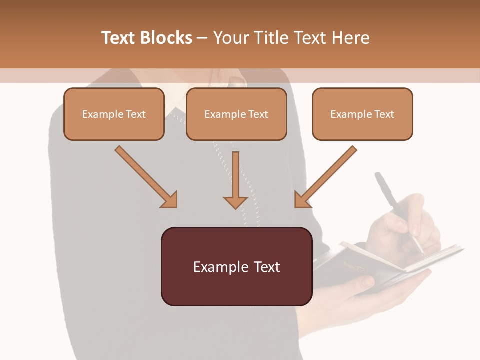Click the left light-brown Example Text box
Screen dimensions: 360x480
tap(114, 114)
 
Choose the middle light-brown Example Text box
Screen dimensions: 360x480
tap(236, 114)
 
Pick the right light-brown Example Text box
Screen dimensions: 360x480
tap(362, 114)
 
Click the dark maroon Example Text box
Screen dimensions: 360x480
tap(236, 267)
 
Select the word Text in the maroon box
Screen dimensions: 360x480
tap(265, 267)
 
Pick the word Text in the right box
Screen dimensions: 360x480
tap(385, 114)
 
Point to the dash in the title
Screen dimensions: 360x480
tap(202, 38)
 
